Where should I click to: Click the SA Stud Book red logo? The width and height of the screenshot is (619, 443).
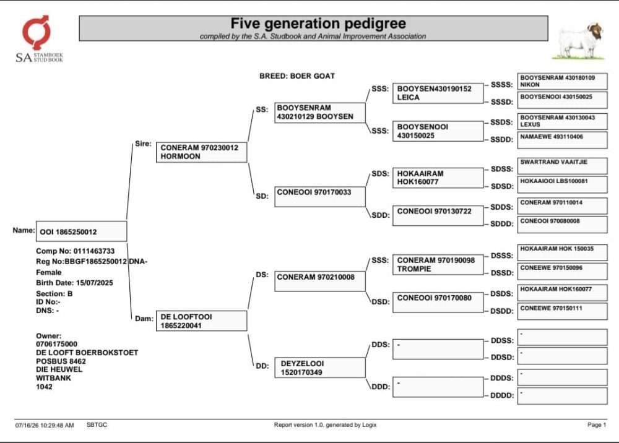(37, 32)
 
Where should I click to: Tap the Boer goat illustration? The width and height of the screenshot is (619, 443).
(579, 41)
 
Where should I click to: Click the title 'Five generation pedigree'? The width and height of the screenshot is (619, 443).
(318, 24)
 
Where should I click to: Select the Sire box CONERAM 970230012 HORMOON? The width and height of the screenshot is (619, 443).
(201, 152)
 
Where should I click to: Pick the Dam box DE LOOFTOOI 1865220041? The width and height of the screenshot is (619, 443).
(201, 320)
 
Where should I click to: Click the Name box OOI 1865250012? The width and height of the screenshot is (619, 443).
(81, 231)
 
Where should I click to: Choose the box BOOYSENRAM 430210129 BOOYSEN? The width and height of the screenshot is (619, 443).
(320, 113)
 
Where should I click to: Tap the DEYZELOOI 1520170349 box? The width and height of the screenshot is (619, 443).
(320, 368)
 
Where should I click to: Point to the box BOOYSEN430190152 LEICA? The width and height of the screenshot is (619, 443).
(438, 93)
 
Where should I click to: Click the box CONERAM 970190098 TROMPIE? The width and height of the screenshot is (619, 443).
(438, 265)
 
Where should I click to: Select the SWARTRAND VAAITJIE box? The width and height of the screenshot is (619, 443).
(562, 166)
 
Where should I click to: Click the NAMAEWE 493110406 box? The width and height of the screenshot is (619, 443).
(562, 140)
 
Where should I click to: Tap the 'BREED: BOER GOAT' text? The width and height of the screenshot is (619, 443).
(297, 76)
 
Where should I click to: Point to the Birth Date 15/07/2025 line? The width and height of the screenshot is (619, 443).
(74, 283)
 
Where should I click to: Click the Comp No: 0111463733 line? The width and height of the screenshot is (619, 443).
(75, 251)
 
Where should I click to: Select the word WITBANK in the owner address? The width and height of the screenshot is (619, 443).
(53, 378)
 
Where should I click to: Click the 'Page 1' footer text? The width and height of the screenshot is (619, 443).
(597, 425)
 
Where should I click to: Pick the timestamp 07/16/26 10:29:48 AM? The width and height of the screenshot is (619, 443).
(45, 425)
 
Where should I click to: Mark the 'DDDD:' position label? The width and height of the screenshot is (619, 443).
(502, 395)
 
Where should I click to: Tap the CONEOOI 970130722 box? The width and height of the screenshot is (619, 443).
(438, 215)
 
